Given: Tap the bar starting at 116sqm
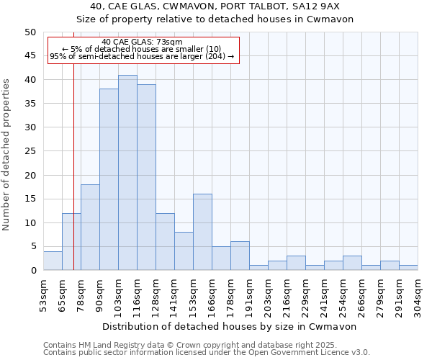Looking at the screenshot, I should tap(146, 177).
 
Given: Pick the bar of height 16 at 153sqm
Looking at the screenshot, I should tap(202, 233).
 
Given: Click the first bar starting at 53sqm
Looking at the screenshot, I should tap(53, 261).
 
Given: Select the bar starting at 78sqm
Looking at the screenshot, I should tap(90, 228).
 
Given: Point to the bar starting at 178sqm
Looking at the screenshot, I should tap(240, 256).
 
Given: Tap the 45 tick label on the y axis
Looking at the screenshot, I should tap(30, 55).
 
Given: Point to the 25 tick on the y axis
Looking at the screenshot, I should tap(30, 151).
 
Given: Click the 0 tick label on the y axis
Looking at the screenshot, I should tap(32, 271).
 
